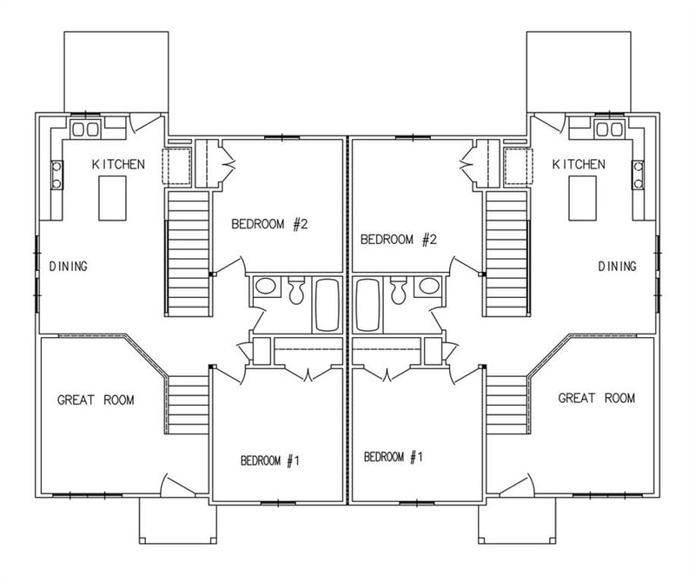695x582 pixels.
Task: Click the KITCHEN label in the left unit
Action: (118, 164)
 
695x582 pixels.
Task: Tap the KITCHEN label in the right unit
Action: (579, 164)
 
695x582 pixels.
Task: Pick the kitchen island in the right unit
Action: (583, 198)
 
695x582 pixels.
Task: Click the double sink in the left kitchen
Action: (85, 129)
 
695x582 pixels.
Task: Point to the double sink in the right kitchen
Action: (610, 129)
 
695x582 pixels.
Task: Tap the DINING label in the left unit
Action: (67, 267)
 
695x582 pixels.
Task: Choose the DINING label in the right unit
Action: (617, 267)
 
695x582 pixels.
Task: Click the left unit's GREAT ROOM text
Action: (96, 400)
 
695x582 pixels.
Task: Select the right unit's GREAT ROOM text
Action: (596, 399)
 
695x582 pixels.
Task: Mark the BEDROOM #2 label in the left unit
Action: (270, 225)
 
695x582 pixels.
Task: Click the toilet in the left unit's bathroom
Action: (296, 290)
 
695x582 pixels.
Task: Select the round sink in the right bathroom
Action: (427, 287)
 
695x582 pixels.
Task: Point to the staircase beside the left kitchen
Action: (188, 254)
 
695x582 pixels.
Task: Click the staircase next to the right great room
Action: (507, 403)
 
